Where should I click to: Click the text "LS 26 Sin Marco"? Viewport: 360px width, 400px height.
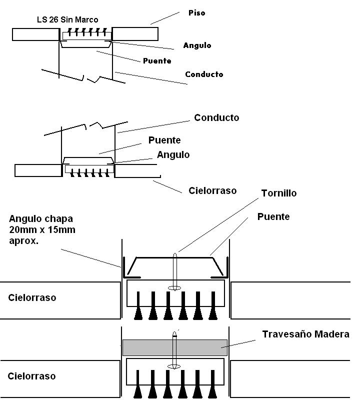[x=67, y=20]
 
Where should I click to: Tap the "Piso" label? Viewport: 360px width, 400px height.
[x=197, y=12]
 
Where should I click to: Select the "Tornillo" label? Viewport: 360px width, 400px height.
[x=278, y=193]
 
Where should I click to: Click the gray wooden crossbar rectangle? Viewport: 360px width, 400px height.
[x=175, y=347]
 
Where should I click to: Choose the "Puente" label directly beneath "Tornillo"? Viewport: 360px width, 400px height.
[x=273, y=216]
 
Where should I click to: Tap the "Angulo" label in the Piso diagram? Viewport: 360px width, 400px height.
[x=197, y=45]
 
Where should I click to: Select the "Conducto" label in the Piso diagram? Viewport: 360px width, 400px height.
[x=204, y=74]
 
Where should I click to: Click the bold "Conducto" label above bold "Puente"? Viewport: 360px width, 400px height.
[x=216, y=118]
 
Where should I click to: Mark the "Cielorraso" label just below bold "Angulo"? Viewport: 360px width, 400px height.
[x=212, y=190]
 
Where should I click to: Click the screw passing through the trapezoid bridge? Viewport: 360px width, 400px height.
[x=175, y=270]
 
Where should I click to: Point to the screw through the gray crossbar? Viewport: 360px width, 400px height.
[x=175, y=350]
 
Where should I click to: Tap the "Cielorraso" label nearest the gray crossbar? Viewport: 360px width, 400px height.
[x=32, y=376]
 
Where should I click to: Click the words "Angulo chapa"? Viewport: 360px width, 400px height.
[x=39, y=218]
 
